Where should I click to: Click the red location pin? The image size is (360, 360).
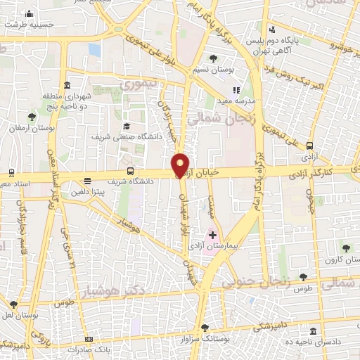coord(181,165)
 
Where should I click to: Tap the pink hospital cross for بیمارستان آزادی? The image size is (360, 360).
coord(212,234)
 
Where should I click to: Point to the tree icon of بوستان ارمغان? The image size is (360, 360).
coord(32,117)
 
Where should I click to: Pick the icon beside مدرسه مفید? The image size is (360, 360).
coord(236,90)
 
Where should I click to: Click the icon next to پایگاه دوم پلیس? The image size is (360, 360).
coord(272,29)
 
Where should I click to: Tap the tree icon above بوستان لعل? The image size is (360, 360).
coord(13,304)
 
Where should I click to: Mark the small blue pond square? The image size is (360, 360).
coord(94,50)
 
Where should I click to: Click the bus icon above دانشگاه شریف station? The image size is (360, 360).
coord(130,170)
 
